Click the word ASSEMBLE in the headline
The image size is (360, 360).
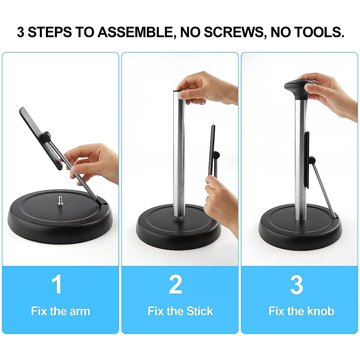pos(136,32)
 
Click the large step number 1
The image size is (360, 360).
pos(56,284)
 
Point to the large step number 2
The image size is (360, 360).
pos(175,284)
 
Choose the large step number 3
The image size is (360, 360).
pos(296,284)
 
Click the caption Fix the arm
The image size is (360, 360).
pos(60,311)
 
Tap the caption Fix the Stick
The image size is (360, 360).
pos(180,311)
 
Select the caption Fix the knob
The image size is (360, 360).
pos(301,311)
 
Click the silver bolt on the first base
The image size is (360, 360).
pos(60,201)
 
